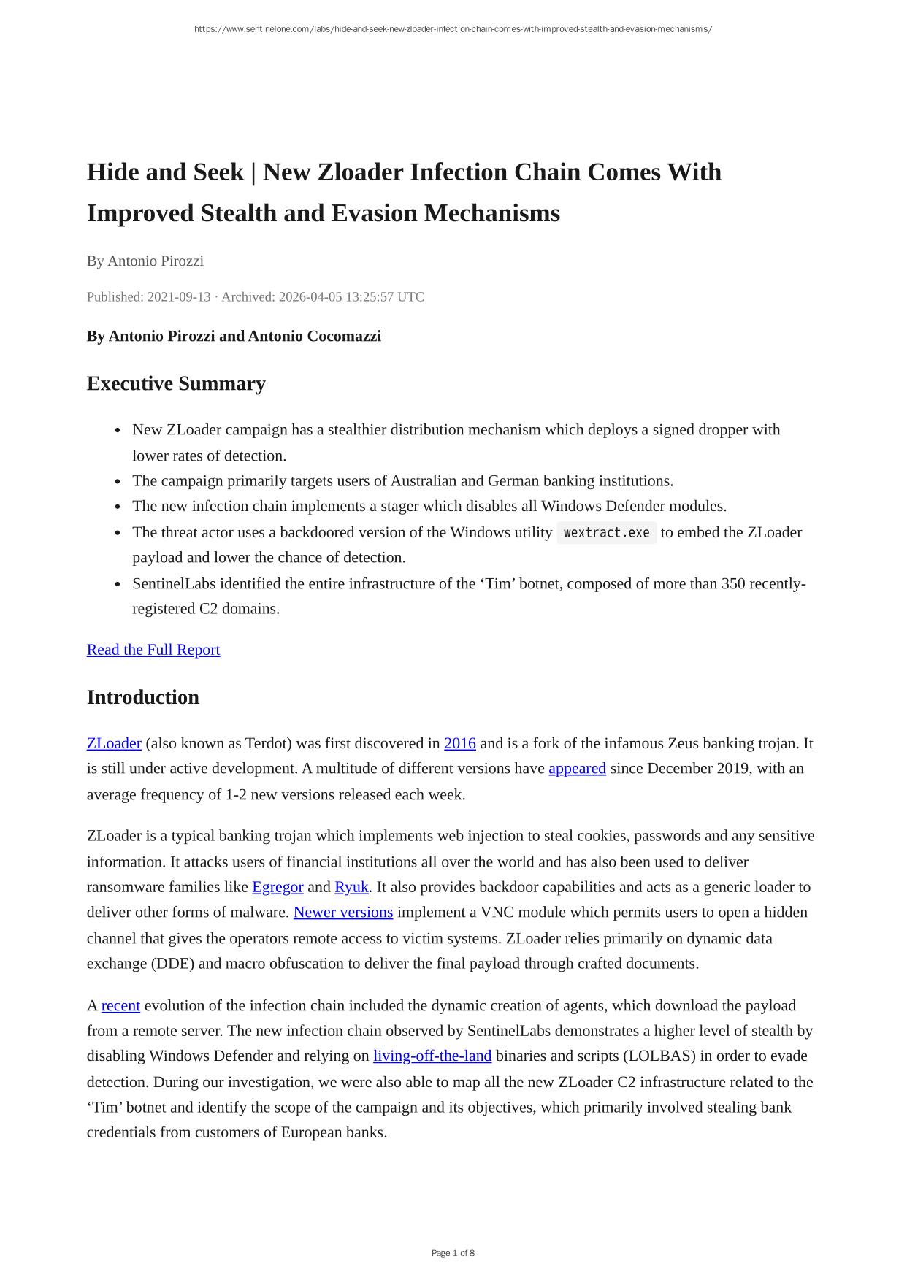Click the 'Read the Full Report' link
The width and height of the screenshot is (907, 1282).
153,650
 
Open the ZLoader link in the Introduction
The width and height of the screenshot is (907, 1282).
114,743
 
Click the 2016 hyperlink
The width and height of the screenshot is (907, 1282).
460,743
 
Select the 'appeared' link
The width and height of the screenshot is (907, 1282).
577,769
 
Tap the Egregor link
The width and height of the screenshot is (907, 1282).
278,887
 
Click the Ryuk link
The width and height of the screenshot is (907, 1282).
351,887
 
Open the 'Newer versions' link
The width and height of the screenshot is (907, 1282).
343,913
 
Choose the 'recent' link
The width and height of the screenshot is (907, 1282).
120,1005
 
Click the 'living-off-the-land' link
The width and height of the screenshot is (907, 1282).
432,1056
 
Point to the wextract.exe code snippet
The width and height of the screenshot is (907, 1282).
607,533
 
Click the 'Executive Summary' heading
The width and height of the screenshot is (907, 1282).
176,383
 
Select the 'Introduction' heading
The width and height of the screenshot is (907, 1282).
143,697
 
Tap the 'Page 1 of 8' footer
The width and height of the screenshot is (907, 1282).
453,1254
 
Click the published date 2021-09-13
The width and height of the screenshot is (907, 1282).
179,297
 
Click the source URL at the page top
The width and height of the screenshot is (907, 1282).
453,29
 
